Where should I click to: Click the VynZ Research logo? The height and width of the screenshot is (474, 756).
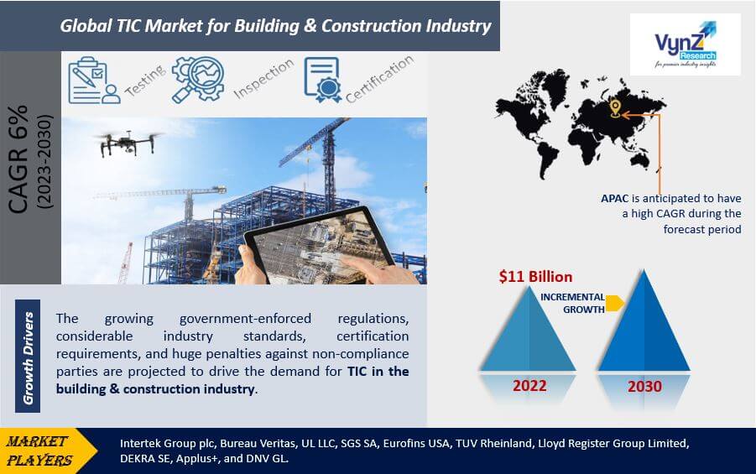point(686,44)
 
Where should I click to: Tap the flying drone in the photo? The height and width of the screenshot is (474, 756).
point(128,143)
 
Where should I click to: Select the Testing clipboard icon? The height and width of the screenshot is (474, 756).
point(94,81)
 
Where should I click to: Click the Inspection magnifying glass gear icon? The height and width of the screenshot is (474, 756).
point(198,79)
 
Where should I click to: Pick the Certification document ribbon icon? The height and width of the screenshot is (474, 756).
point(322,80)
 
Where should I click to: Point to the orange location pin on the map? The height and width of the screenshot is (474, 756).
point(615,108)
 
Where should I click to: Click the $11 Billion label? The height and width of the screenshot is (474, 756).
point(535,276)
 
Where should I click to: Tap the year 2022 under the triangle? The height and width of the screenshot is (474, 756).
point(529,386)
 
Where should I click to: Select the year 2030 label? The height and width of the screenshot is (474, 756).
point(644,386)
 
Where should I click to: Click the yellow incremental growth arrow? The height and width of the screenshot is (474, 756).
point(615,304)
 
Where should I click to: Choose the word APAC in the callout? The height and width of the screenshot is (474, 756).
point(615,198)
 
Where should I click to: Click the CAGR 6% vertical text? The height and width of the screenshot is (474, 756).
point(18,159)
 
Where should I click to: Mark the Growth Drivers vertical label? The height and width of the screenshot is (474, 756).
point(28,357)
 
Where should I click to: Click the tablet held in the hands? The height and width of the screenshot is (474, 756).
point(319,246)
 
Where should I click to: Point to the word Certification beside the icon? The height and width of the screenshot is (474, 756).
point(379,79)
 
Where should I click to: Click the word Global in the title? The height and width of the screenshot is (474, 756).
point(86,25)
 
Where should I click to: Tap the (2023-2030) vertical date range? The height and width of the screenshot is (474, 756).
point(44,161)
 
